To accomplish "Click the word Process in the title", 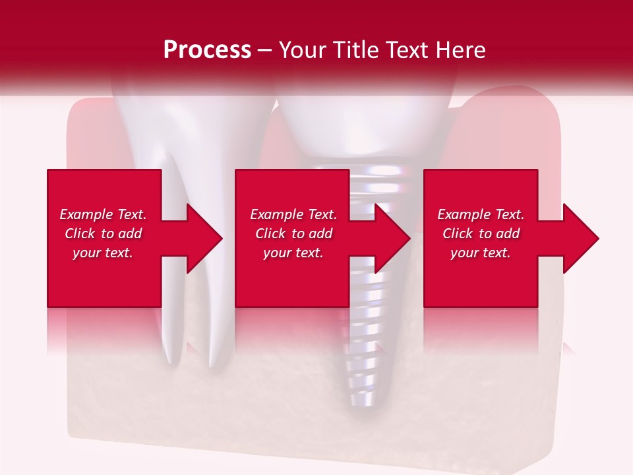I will click(207, 50).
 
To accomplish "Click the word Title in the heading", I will click(363, 50).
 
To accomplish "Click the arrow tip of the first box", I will click(222, 238).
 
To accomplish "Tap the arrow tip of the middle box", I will click(409, 238).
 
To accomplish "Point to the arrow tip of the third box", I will click(598, 238).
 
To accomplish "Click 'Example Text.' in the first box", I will click(103, 214).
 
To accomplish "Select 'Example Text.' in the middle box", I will click(293, 214).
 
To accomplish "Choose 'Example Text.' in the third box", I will click(481, 214).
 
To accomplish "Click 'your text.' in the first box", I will click(103, 253).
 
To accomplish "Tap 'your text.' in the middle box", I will click(293, 253).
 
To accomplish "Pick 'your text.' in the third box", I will click(481, 253).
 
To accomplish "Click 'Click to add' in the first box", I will click(103, 234).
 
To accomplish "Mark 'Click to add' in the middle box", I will click(293, 234).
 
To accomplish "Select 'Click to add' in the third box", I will click(481, 234).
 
